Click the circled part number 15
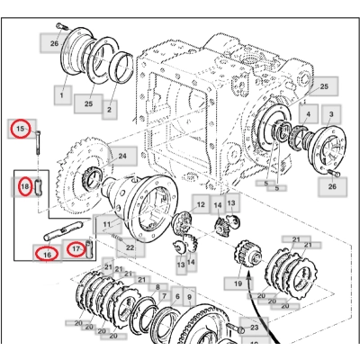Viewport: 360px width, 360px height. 20,130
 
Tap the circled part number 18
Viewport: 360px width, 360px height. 25,187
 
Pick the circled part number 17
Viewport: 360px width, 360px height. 77,247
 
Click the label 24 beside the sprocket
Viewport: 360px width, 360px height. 121,156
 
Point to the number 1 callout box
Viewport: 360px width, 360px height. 61,94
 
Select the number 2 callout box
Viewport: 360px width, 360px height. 110,110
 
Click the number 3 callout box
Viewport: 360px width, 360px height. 332,115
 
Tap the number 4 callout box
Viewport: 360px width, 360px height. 308,114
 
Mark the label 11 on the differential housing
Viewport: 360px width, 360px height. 106,224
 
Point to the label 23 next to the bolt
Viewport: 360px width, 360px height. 254,328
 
